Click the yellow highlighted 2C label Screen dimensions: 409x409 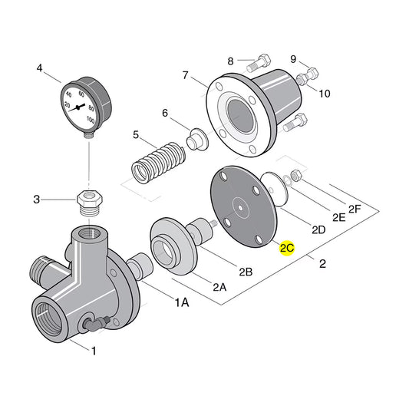point(287,249)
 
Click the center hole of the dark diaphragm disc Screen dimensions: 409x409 point(240,205)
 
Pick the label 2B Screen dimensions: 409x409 point(246,271)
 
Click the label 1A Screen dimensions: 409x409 point(181,303)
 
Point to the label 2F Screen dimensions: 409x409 point(355,208)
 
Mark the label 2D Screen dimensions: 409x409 point(318,229)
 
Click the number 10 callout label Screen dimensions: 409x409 point(325,94)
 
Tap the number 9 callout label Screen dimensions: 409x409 point(293,58)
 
